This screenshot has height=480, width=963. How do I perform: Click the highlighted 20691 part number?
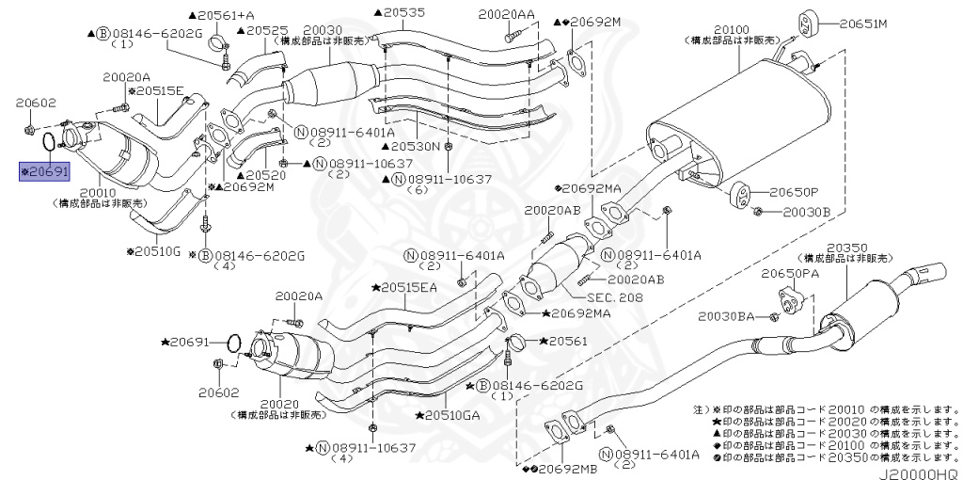(x=46, y=172)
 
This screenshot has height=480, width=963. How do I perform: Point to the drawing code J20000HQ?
(x=919, y=472)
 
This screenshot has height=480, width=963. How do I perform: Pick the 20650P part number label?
(x=795, y=191)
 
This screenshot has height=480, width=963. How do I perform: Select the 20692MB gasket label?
(x=559, y=468)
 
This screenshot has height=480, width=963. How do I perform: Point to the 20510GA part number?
(x=449, y=413)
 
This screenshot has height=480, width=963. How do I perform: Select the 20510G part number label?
(x=156, y=252)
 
